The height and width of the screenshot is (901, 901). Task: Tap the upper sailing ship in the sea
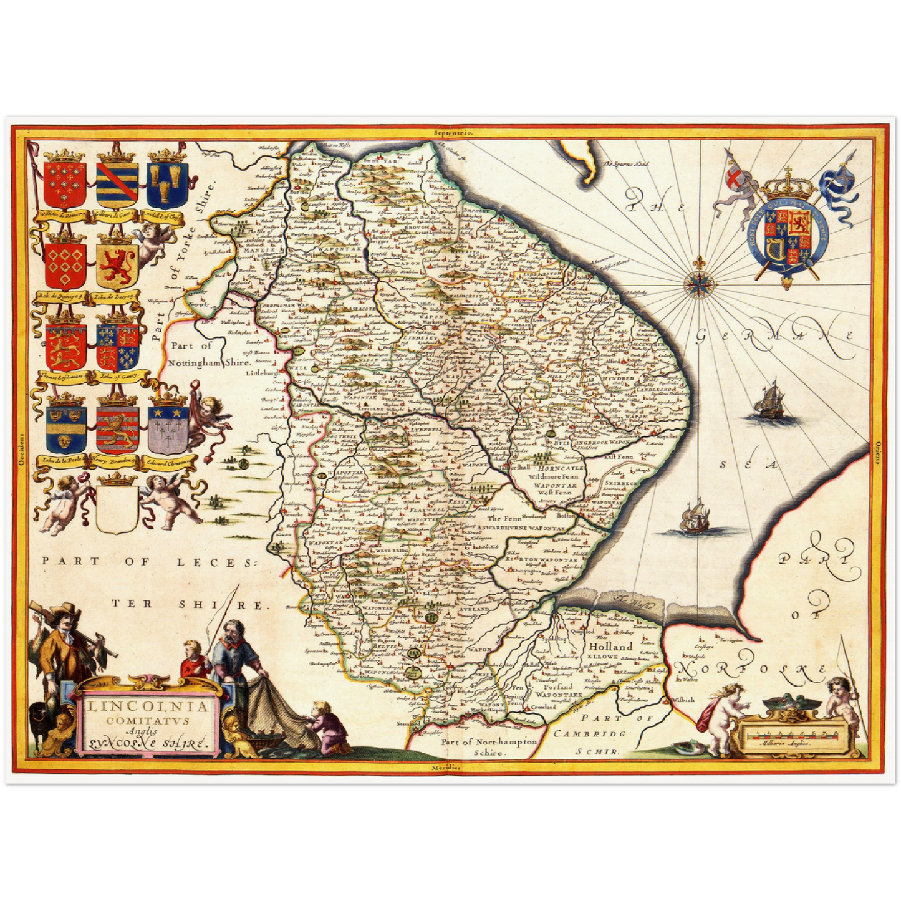click(x=768, y=400)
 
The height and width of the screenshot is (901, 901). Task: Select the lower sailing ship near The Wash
click(x=693, y=517)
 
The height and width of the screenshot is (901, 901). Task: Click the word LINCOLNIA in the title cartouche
click(x=148, y=707)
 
